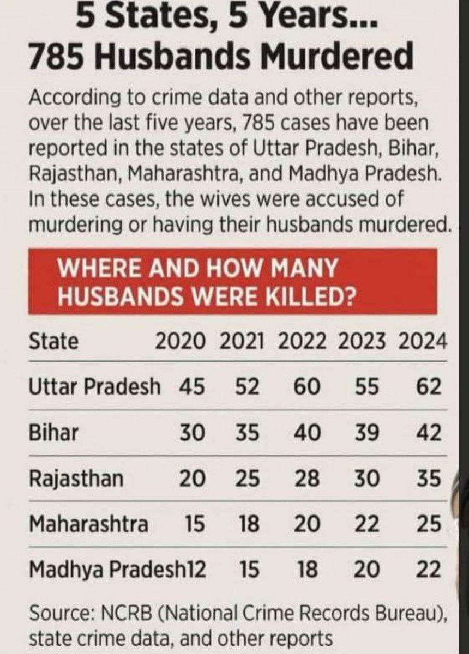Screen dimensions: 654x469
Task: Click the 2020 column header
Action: [181, 342]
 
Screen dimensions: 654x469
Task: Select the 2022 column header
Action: [302, 342]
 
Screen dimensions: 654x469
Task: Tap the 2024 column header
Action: [423, 342]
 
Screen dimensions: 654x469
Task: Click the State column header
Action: [53, 342]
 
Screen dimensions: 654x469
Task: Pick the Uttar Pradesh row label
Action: [94, 387]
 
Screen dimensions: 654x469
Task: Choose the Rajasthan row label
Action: [76, 479]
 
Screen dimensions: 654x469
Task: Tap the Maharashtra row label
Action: [88, 524]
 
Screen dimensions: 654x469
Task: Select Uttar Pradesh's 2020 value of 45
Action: [191, 387]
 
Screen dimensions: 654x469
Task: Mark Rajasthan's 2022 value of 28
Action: [308, 479]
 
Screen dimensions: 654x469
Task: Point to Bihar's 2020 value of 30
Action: [191, 433]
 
